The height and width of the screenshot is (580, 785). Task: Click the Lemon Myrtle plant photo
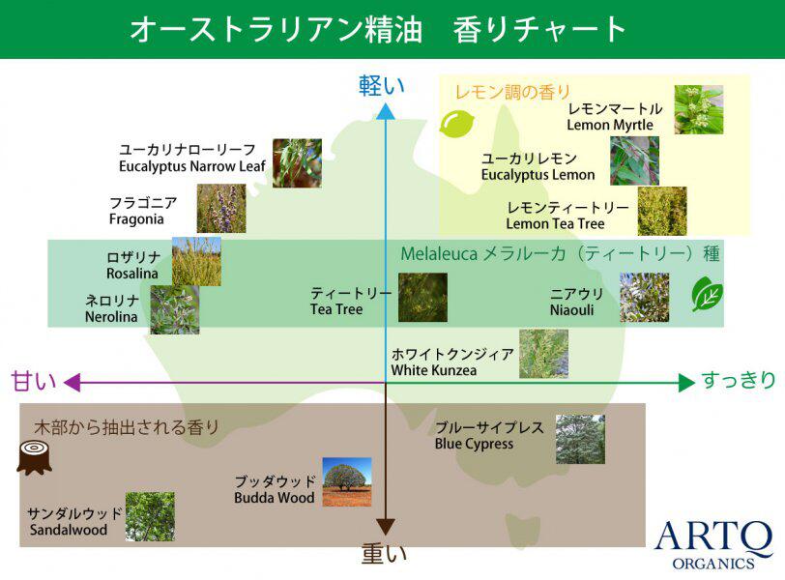[x=698, y=109]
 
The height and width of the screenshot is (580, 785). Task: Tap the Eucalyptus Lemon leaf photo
[x=634, y=161]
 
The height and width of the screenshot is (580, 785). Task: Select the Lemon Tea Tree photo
[x=662, y=211]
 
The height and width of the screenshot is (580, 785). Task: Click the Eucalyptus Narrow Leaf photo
[x=297, y=163]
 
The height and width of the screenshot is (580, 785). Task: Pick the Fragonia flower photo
[x=221, y=208]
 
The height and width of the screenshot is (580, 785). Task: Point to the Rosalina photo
[x=196, y=261]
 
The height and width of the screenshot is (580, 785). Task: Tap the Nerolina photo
[x=175, y=309]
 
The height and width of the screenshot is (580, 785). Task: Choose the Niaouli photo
[x=644, y=298]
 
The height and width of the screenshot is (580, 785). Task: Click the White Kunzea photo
[x=543, y=353]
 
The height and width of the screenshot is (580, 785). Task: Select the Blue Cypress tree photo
[x=580, y=439]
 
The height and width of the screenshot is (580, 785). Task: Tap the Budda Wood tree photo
[x=347, y=481]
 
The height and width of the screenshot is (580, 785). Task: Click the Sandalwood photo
[x=150, y=516]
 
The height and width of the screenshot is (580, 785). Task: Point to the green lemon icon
[x=456, y=124]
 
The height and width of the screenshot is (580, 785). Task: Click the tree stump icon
[x=34, y=457]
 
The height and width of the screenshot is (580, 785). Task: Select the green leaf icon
[x=708, y=294]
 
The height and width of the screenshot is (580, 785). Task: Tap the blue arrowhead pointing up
[x=385, y=111]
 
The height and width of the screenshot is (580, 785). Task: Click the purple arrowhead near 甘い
[x=73, y=383]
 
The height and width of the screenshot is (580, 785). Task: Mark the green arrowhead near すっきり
[x=686, y=383]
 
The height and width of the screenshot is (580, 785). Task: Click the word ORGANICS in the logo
[x=712, y=564]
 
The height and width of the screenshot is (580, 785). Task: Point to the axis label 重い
[x=384, y=554]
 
